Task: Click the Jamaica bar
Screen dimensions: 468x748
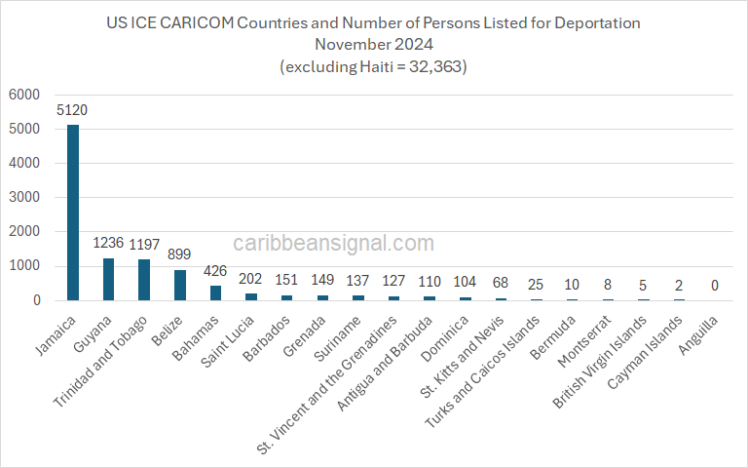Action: (x=73, y=213)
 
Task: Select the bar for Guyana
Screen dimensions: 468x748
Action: (x=108, y=279)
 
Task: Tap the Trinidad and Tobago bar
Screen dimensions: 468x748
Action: (x=144, y=280)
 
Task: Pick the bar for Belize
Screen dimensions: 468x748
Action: (x=179, y=285)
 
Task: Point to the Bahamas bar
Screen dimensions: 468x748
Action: (x=215, y=292)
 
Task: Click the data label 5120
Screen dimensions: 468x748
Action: (x=73, y=110)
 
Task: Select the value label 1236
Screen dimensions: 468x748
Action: (x=108, y=244)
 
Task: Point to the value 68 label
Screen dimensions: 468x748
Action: (x=500, y=284)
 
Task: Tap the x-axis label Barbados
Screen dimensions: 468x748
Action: (x=266, y=334)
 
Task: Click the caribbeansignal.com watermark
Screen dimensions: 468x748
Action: (x=334, y=243)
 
